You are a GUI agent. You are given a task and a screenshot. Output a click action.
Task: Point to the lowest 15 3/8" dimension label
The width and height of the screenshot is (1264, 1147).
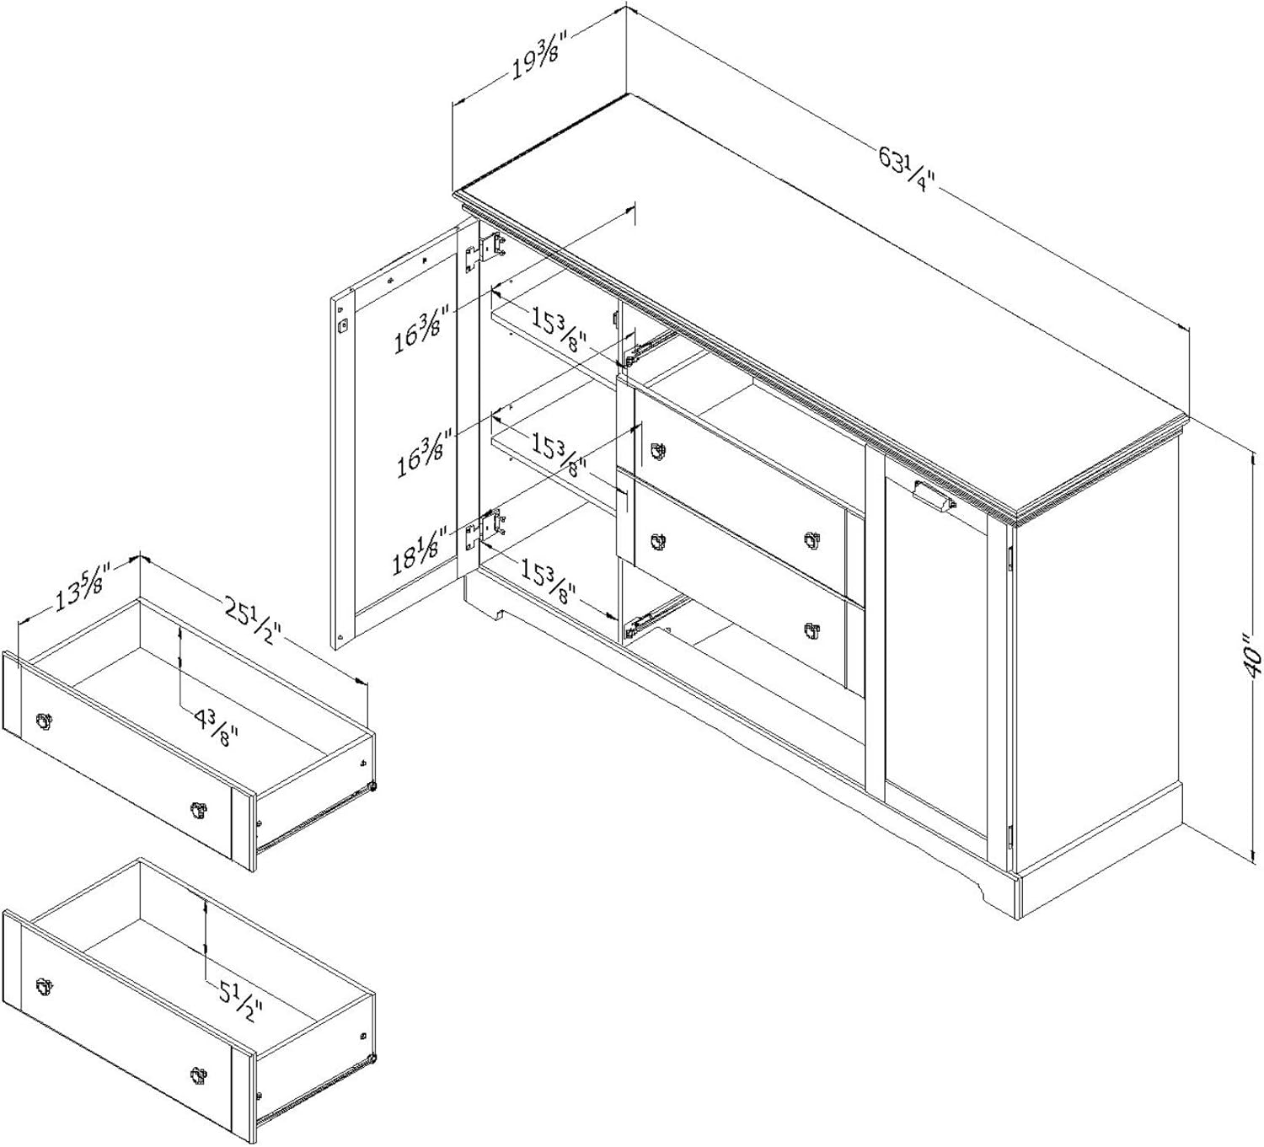coord(548,583)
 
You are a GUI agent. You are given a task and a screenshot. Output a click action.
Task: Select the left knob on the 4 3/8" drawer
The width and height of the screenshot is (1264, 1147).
coord(44,720)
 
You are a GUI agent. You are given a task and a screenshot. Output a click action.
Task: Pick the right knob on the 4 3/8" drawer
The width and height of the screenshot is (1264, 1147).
coord(198,809)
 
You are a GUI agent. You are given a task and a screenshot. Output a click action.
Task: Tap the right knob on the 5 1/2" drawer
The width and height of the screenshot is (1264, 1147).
coord(198,1074)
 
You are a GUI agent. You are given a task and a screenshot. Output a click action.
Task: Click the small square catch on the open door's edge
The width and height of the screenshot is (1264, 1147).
coord(344,324)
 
